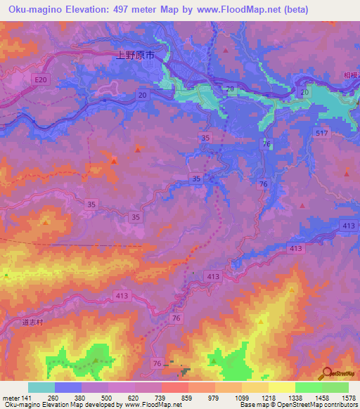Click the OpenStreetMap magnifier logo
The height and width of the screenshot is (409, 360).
[327, 375]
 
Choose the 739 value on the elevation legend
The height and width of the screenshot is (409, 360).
[162, 398]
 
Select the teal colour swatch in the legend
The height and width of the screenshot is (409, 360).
[41, 387]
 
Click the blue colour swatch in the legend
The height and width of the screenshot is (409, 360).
[68, 387]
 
